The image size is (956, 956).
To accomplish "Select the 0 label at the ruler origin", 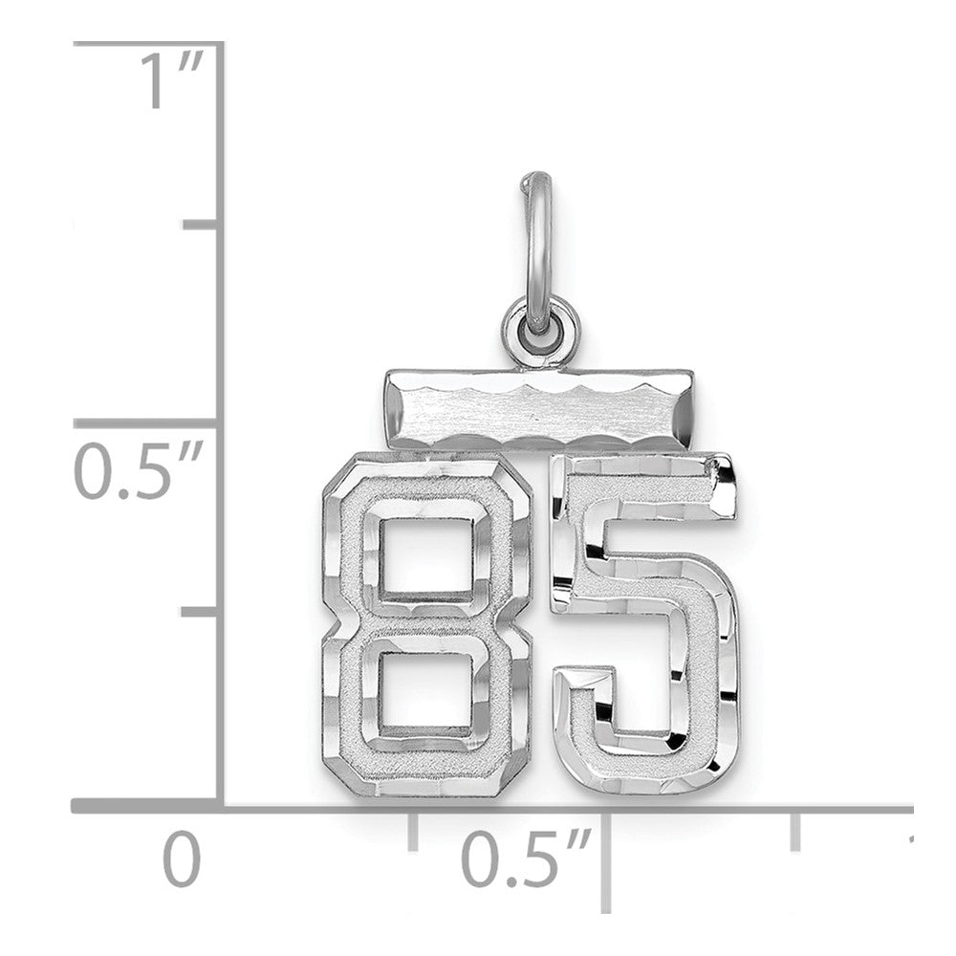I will [181, 859].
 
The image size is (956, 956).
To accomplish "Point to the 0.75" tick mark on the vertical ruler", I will [199, 226].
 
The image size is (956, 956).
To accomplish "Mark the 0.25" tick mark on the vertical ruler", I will [199, 610].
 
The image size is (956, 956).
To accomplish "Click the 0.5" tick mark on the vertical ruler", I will [148, 422].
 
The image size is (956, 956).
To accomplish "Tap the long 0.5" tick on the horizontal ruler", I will [605, 860].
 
